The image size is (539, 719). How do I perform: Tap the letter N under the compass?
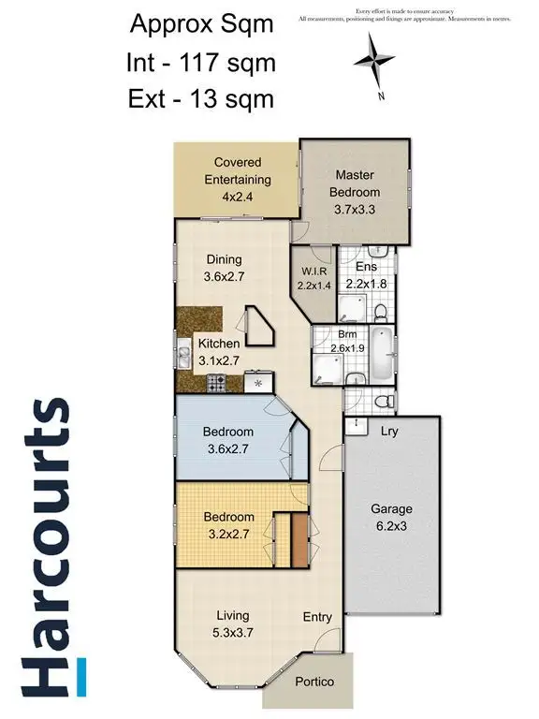[381, 95]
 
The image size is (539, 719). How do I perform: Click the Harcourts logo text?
[45, 547]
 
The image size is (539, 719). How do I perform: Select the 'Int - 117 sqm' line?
[201, 63]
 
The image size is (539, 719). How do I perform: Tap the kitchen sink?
[183, 358]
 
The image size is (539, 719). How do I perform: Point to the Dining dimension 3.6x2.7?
[223, 277]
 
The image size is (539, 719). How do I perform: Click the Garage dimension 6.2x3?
[390, 527]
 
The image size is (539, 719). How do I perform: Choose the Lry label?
[389, 432]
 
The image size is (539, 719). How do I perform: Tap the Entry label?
[317, 617]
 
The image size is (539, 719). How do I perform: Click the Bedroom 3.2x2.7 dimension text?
[229, 535]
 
